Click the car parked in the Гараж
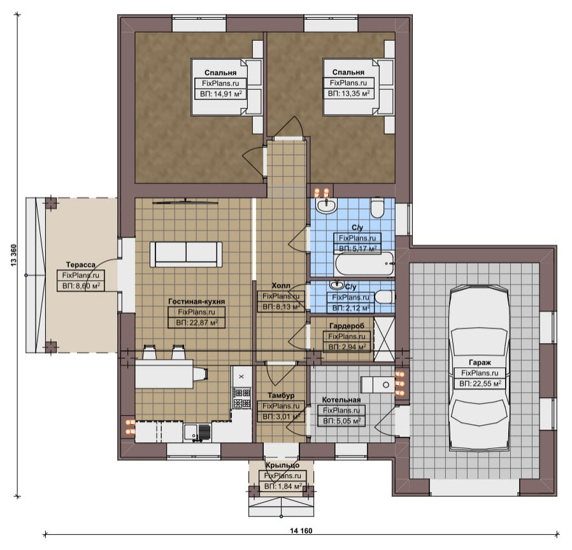(480, 368)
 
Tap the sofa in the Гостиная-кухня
(186, 255)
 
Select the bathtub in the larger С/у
(364, 264)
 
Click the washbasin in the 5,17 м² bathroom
(327, 206)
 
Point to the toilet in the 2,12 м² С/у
(385, 297)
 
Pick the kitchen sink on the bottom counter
(197, 433)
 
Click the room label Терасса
(81, 265)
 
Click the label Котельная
(341, 400)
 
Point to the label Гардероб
(347, 325)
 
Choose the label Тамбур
(281, 395)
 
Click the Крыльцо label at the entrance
(282, 465)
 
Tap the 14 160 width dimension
(301, 530)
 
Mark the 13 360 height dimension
(14, 256)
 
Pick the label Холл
(282, 285)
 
